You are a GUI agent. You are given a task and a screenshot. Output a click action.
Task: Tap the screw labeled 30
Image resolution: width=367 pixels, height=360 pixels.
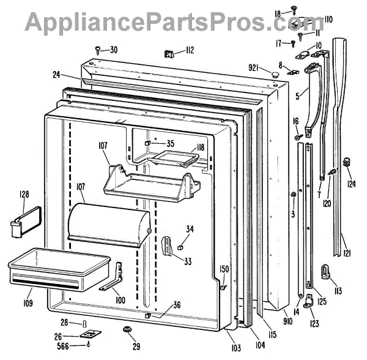98,48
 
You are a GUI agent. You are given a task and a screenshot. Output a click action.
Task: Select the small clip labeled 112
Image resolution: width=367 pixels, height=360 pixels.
169,54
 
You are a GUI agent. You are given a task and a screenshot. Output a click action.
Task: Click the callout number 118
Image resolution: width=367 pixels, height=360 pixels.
199,148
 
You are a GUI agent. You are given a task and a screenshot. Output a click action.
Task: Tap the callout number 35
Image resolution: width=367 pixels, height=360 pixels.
170,144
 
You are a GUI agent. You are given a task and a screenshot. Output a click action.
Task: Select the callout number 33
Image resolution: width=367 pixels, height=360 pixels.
187,261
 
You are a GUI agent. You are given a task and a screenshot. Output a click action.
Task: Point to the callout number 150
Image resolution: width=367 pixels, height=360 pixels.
224,269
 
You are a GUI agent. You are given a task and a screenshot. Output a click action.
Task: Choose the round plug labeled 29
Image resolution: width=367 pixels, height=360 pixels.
129,331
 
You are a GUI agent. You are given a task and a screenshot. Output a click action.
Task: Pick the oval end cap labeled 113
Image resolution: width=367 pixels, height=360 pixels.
325,271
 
